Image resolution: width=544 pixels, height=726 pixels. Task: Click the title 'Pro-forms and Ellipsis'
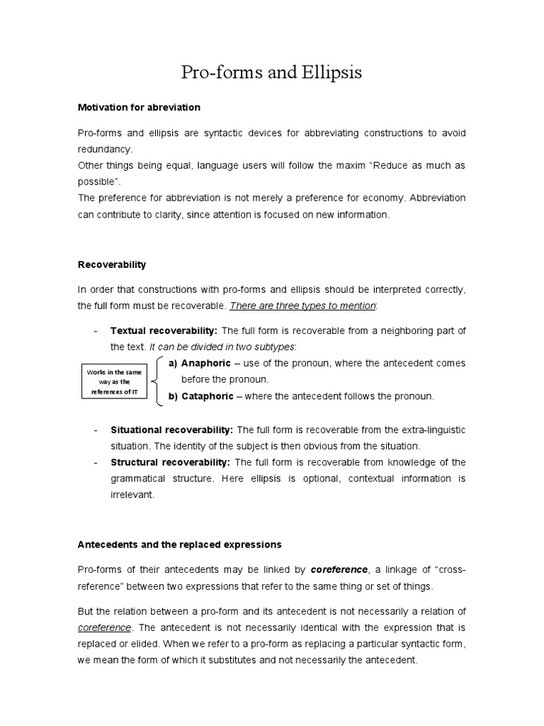tap(271, 72)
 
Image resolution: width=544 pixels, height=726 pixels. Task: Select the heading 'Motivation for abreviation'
tap(139, 107)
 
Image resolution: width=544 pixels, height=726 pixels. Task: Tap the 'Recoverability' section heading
tap(111, 264)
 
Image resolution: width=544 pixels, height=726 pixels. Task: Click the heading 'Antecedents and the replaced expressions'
tap(179, 544)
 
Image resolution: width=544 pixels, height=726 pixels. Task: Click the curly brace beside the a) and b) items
tap(157, 381)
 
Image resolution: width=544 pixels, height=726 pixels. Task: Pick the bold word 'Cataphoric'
tap(208, 396)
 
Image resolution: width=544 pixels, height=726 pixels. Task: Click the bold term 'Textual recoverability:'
tap(164, 331)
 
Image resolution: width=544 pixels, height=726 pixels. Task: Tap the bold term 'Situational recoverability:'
tap(172, 430)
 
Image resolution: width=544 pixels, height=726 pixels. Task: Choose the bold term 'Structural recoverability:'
tap(170, 462)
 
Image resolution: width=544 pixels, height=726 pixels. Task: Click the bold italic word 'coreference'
tap(339, 569)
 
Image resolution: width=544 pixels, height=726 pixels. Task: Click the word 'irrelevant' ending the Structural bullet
tap(132, 496)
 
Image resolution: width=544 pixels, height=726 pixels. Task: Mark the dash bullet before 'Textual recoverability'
tap(95, 331)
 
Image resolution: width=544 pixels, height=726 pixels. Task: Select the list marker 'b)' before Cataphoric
tap(173, 396)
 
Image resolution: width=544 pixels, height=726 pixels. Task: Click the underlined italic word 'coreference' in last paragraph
tap(105, 627)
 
